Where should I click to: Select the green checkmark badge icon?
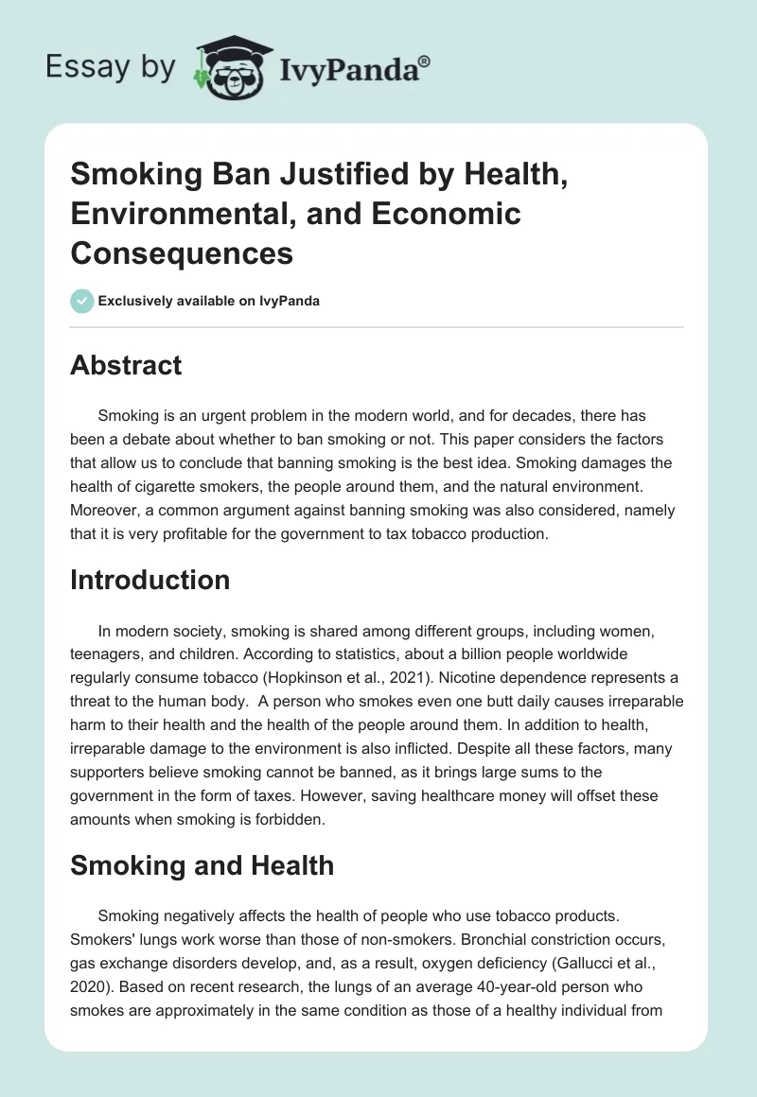click(x=81, y=302)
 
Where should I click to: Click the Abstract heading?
click(x=126, y=365)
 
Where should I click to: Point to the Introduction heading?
click(x=150, y=579)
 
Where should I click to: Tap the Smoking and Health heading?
click(x=202, y=865)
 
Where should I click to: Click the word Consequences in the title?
click(x=181, y=253)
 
